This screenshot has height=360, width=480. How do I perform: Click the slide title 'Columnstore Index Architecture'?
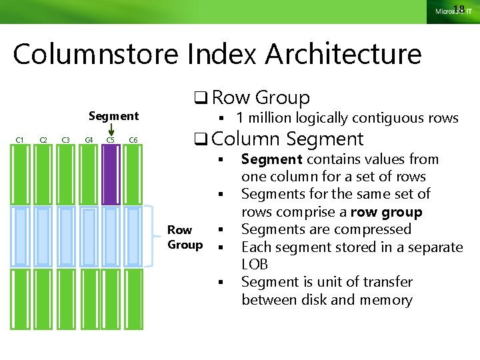pos(217,54)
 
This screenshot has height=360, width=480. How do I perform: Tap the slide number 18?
pos(458,9)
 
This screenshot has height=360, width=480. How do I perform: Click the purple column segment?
pos(111,175)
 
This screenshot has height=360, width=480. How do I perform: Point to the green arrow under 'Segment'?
pos(111,131)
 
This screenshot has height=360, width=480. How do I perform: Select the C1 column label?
pos(20,139)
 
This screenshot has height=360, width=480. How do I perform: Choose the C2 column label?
pos(43,139)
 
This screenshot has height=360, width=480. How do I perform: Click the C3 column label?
pos(65,139)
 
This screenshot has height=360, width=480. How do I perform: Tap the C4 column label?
pos(88,139)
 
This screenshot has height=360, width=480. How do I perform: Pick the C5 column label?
pos(111,139)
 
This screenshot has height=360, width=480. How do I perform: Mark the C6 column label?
pos(133,139)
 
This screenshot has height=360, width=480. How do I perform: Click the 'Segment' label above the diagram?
pos(113,116)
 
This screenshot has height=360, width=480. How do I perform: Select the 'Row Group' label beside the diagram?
pos(185,237)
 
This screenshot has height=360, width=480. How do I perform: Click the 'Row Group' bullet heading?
pos(261,97)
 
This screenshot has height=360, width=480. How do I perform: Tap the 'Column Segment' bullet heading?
pos(287,139)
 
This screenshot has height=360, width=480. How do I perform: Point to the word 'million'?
pos(270,118)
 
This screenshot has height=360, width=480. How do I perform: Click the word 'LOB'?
pos(255,265)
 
